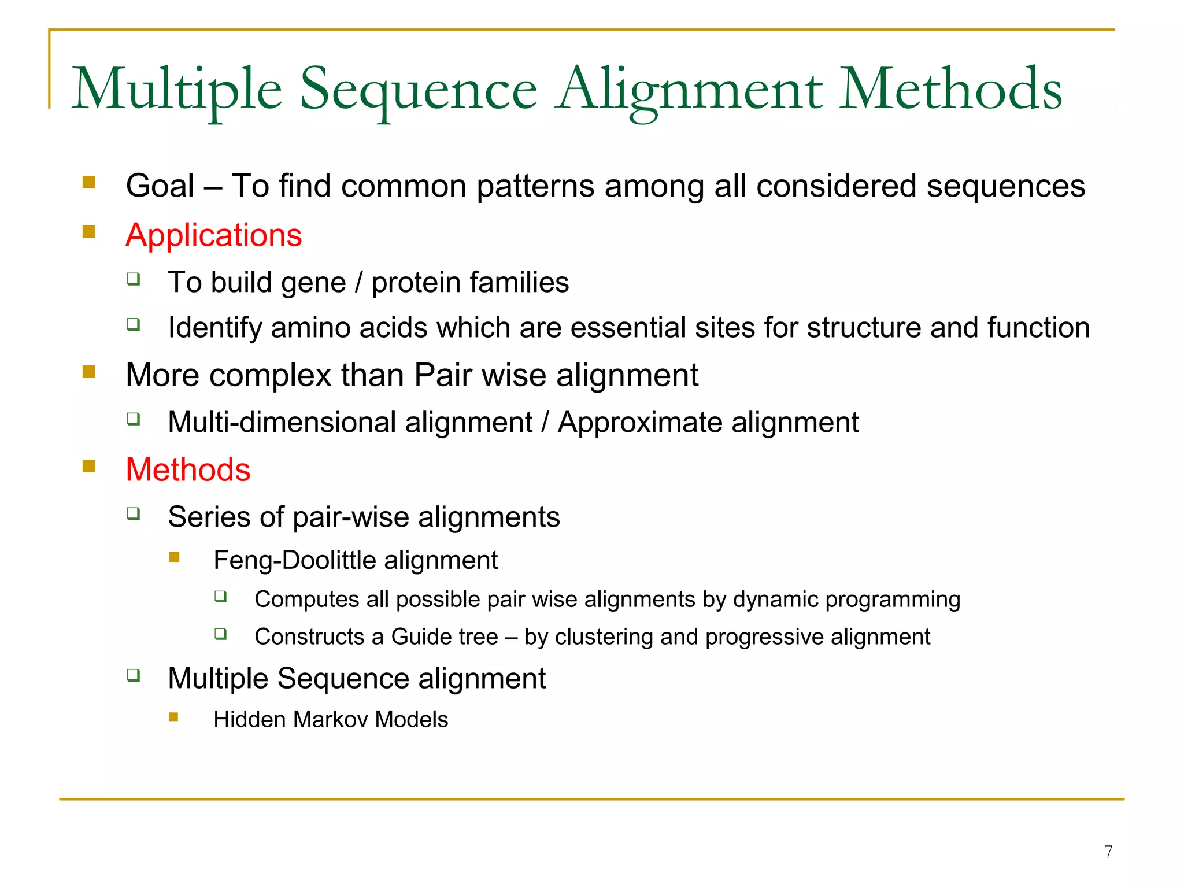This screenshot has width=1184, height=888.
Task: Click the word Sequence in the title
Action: coord(419,90)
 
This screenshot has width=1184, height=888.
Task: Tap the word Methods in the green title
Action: coord(950,90)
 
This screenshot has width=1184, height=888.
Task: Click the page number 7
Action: coord(1108,852)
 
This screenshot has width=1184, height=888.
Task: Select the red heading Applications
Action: coord(213,235)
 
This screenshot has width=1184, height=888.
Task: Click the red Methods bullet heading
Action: coord(188,469)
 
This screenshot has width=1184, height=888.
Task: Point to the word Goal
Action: coord(160,186)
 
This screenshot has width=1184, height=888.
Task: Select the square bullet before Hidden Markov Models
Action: coord(174,717)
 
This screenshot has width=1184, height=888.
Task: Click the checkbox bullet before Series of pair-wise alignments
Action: coord(134,513)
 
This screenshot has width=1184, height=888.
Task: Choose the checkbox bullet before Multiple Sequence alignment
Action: coord(134,675)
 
